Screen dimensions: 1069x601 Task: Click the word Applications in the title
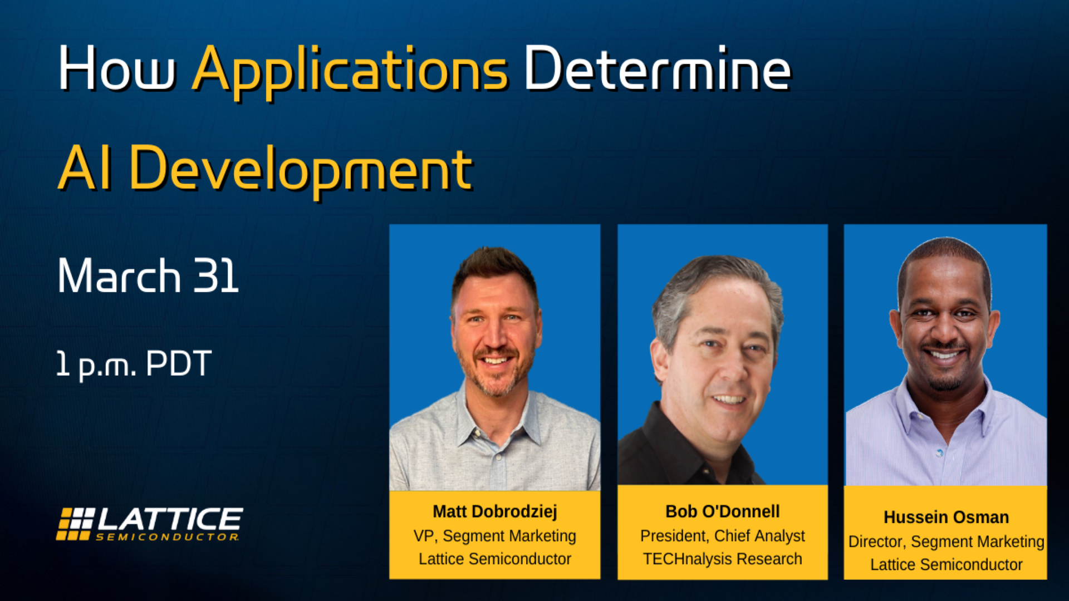click(x=350, y=71)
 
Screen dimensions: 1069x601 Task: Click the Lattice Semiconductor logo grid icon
click(x=75, y=524)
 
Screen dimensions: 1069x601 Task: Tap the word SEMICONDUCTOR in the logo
click(x=167, y=537)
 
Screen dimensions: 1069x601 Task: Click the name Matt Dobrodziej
click(x=495, y=511)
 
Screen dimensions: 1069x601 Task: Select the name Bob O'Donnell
click(x=723, y=511)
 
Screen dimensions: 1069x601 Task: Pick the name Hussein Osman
click(x=946, y=517)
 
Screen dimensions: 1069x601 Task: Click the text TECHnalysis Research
click(x=723, y=559)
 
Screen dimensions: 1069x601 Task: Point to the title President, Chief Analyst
click(x=723, y=535)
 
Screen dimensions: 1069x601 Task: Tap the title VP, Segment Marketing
click(x=495, y=535)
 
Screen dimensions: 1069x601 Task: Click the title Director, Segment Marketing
click(x=946, y=541)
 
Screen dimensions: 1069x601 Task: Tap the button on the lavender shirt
click(x=940, y=453)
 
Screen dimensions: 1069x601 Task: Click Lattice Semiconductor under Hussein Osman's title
click(x=946, y=565)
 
